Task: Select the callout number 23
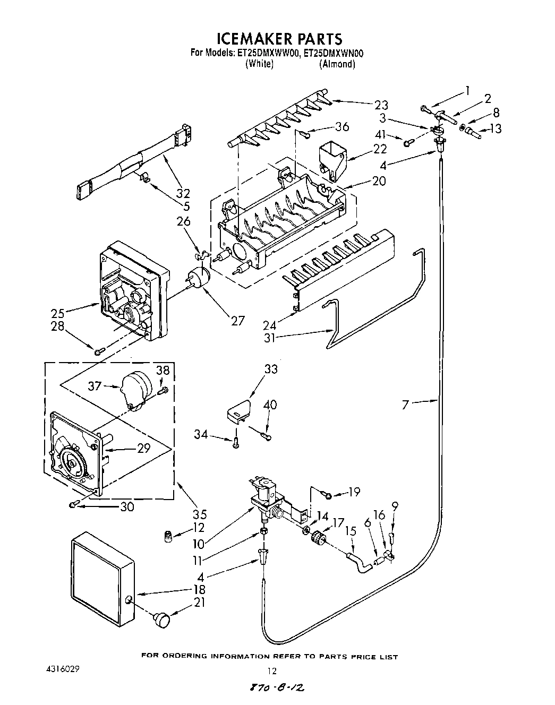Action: [381, 105]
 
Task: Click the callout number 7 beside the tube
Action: [406, 405]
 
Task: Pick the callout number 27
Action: [237, 320]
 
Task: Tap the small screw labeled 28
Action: [99, 351]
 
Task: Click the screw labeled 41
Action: [408, 142]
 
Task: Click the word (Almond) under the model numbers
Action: [337, 64]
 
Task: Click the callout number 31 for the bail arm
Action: [270, 337]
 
